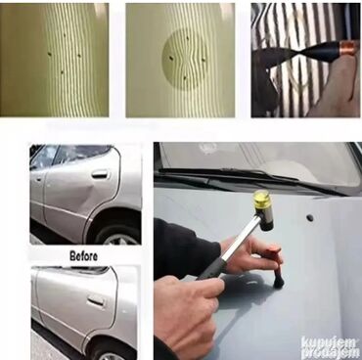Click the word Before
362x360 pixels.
tap(83, 256)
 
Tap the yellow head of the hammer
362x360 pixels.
tap(262, 200)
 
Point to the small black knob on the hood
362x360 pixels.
tap(310, 218)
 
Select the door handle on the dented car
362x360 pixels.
tap(100, 174)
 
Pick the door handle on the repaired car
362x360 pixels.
tap(96, 300)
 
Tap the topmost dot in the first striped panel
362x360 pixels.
tap(65, 35)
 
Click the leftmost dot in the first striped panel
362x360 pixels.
tap(49, 54)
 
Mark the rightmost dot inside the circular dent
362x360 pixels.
tap(204, 60)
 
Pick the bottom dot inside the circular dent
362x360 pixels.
tap(185, 78)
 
